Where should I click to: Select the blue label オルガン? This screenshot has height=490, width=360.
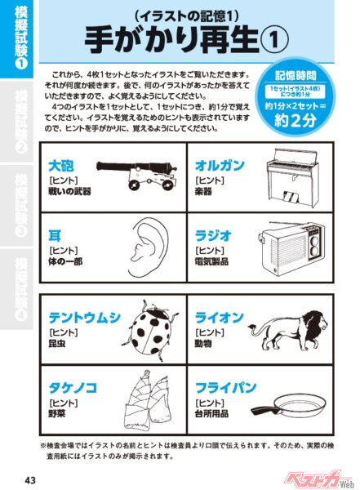tap(218, 163)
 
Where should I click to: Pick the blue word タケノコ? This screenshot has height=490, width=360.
tap(72, 389)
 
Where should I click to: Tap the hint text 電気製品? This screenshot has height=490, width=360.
tap(213, 262)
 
